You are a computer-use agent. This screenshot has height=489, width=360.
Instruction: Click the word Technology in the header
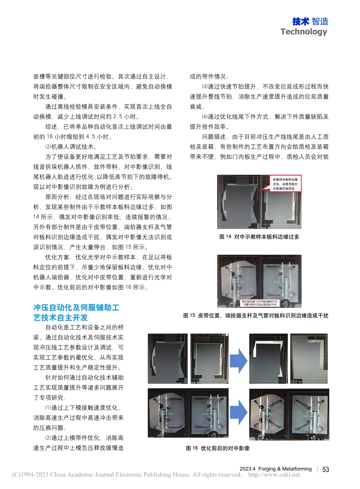(304, 32)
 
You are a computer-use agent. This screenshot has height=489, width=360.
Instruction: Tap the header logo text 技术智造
(310, 22)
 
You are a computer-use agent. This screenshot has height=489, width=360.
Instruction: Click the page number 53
(326, 469)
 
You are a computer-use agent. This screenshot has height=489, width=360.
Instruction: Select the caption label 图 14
(225, 237)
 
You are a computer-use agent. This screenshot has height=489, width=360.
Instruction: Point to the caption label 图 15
(189, 315)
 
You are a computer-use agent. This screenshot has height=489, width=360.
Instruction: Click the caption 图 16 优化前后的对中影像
(218, 448)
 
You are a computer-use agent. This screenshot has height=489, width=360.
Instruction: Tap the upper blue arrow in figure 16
(239, 359)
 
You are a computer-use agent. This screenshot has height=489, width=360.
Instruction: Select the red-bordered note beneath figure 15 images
(260, 303)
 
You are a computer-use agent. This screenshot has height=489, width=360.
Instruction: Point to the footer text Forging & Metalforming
(285, 469)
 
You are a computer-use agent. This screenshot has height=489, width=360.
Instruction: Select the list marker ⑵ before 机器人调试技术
(48, 147)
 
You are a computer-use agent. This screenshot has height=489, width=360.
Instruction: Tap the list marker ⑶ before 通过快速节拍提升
(205, 87)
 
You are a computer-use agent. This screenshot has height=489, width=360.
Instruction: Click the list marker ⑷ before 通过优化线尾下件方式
(205, 117)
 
